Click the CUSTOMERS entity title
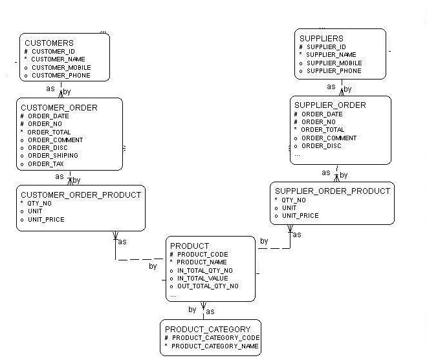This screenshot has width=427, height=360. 49,43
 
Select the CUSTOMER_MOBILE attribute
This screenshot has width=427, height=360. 61,68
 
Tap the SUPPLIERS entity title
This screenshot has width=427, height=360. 321,39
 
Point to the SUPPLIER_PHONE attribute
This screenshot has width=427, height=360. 334,71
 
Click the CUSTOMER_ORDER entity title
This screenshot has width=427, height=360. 60,107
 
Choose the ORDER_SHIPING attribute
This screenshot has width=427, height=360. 52,156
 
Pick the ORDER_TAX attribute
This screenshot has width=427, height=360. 45,164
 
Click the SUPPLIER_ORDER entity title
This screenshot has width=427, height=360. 330,105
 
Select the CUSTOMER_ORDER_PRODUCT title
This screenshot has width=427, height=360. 80,195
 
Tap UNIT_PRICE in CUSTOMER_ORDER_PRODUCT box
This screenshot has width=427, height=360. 46,220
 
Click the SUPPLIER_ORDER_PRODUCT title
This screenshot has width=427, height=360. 333,191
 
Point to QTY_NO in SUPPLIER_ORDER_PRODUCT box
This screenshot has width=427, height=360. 294,200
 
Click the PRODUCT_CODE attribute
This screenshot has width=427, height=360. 203,255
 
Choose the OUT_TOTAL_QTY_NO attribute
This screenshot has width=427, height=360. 208,286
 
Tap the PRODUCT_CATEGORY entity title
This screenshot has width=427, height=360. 207,330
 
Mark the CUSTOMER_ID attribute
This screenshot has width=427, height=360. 54,52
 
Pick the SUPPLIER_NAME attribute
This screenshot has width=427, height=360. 331,55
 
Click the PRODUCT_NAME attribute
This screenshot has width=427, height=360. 202,262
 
